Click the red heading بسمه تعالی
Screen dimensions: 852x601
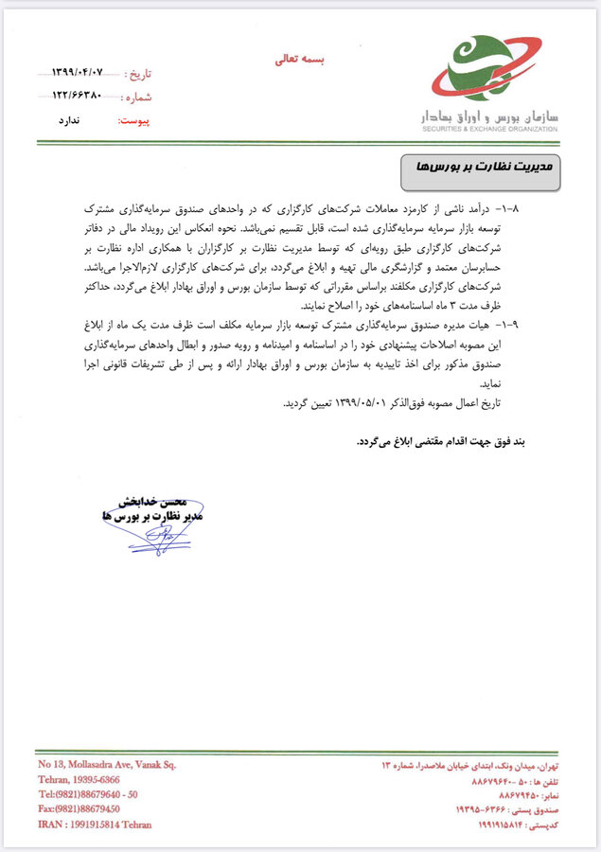click(x=299, y=59)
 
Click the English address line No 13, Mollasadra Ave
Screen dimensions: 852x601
click(x=107, y=764)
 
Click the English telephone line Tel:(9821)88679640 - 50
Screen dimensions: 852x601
click(x=89, y=793)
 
